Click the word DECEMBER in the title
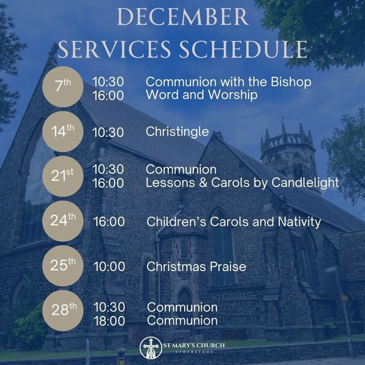click(182, 17)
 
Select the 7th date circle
click(63, 88)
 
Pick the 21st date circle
click(63, 176)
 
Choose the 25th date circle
click(63, 266)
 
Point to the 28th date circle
click(63, 311)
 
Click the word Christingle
click(177, 132)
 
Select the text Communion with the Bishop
click(229, 82)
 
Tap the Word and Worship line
click(201, 95)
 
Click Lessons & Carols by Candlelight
click(242, 183)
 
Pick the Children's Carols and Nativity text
click(234, 221)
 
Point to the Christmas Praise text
click(196, 266)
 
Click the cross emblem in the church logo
click(151, 347)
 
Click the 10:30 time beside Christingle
click(108, 132)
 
